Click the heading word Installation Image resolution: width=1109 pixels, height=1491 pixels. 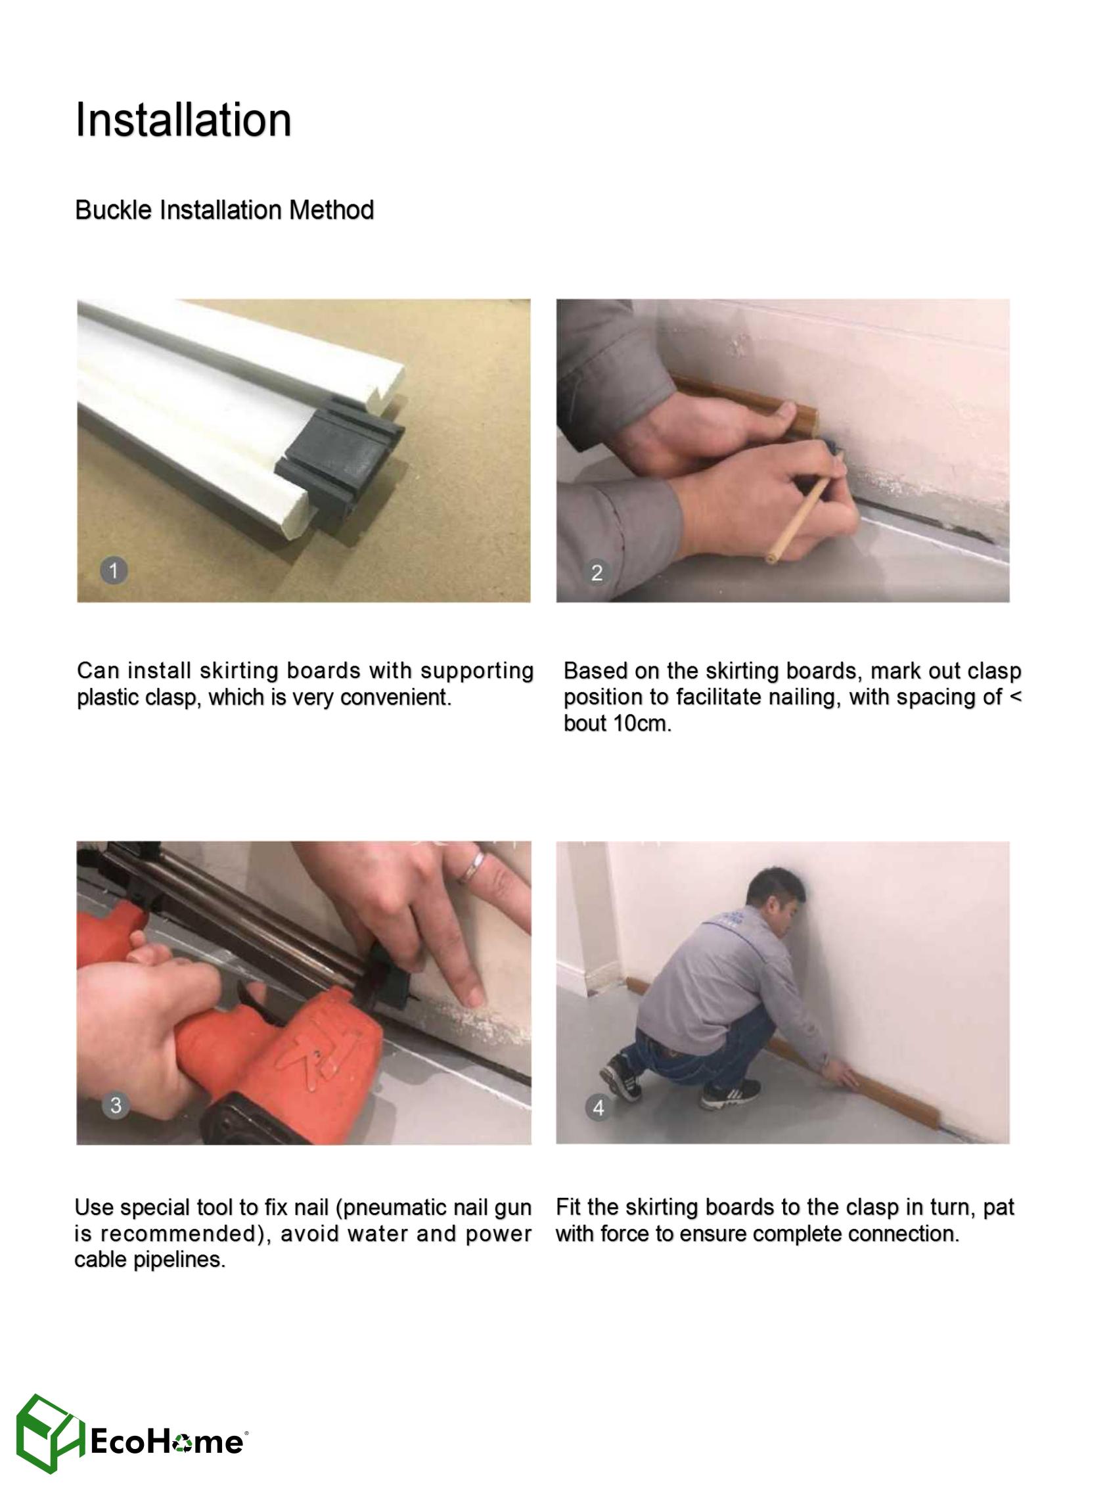tap(183, 120)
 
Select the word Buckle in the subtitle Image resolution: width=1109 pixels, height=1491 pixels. tap(114, 210)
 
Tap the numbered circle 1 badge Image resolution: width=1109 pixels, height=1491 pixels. tap(114, 570)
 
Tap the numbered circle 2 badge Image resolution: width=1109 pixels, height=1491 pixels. tap(596, 572)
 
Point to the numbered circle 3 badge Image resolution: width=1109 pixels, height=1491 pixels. tap(116, 1105)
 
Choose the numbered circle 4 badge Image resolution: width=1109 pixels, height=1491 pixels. tap(598, 1107)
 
